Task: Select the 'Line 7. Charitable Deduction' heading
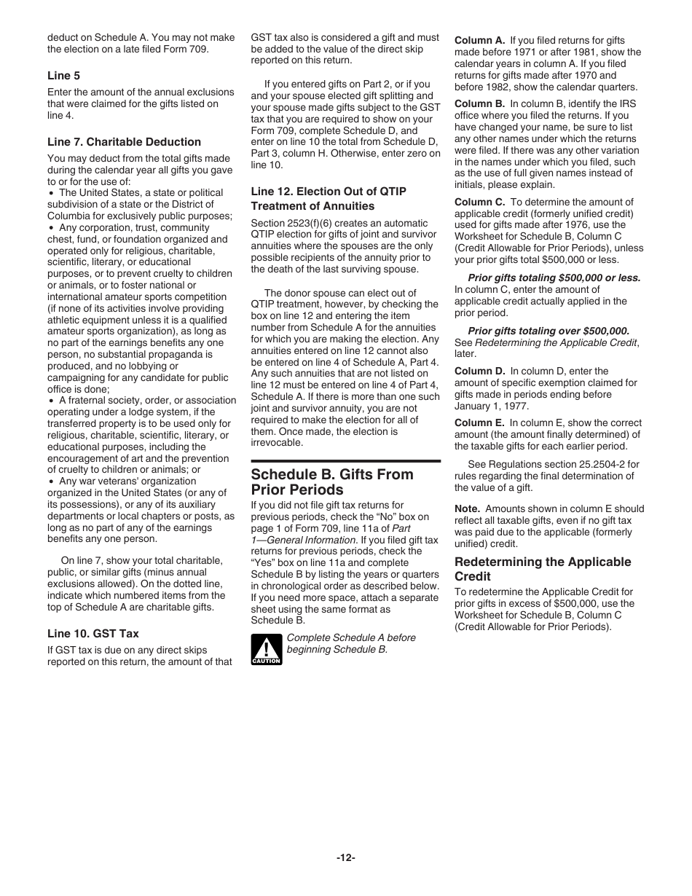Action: tap(124, 142)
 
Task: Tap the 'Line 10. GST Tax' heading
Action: tap(93, 634)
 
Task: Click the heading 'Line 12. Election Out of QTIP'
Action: tap(329, 191)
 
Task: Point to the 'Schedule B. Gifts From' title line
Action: tap(332, 474)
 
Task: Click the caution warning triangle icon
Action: tap(266, 648)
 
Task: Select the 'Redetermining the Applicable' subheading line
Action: tap(543, 562)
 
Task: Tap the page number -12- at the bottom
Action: tap(345, 857)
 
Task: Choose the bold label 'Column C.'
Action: tap(479, 202)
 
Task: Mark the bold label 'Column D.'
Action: tap(479, 371)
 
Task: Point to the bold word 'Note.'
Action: tap(467, 508)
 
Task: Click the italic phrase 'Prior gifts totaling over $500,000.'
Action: tap(549, 331)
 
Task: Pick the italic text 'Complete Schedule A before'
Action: tap(351, 637)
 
